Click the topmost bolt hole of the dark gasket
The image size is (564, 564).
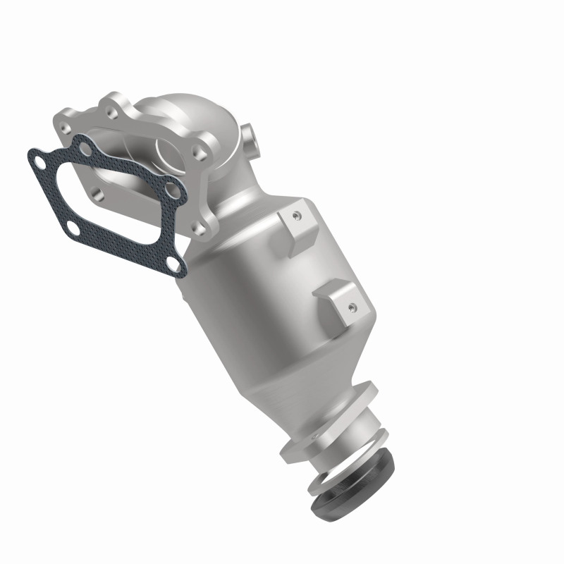(x=85, y=147)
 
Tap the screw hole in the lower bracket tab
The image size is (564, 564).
(x=350, y=306)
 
